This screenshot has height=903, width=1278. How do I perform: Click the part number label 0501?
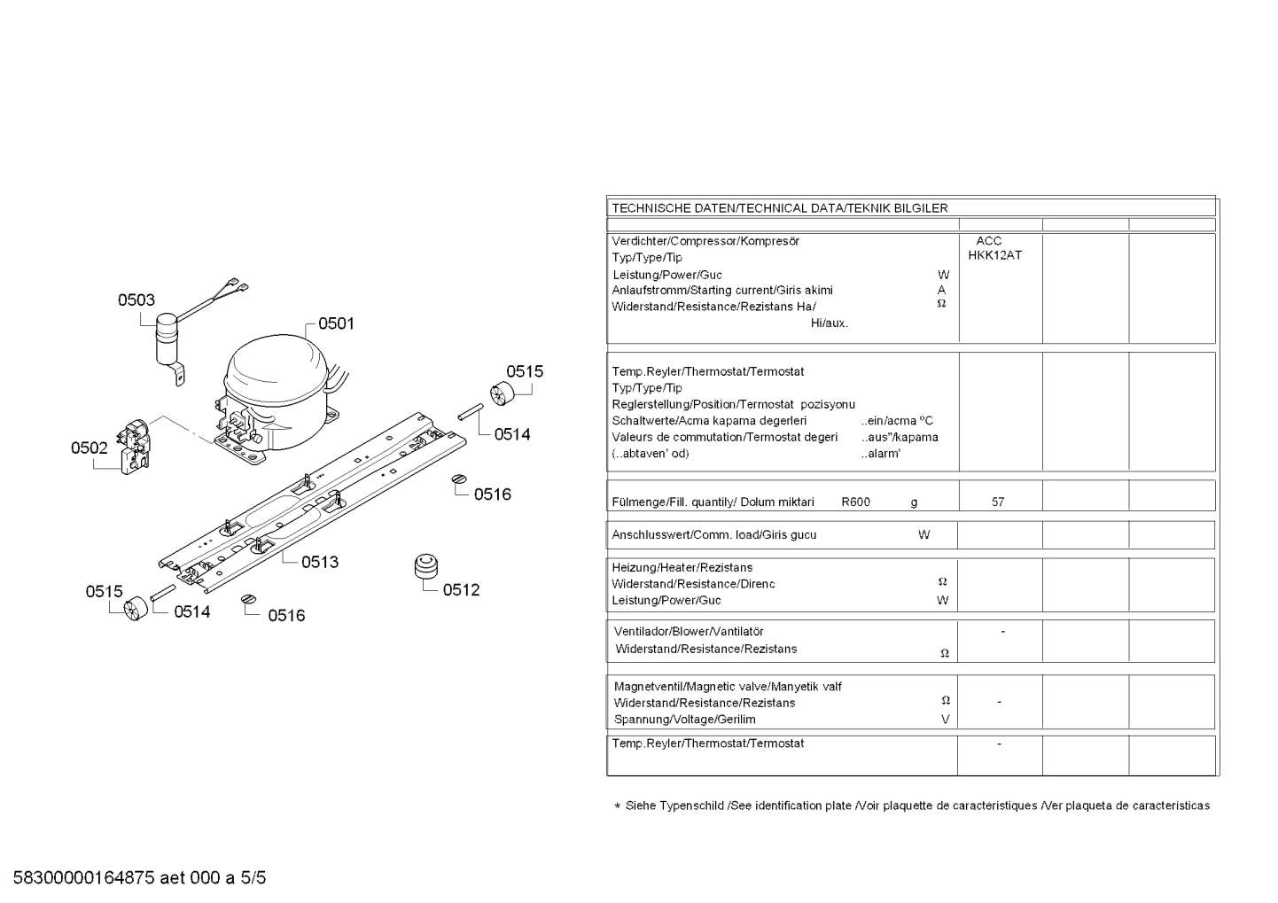[x=336, y=323]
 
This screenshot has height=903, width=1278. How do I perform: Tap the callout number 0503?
[x=136, y=300]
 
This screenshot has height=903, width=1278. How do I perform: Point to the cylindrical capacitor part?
[x=168, y=339]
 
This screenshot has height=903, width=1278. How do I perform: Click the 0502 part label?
[x=89, y=448]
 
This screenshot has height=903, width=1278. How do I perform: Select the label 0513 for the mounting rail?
[x=319, y=562]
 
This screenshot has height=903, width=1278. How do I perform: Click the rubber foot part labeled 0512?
[x=426, y=565]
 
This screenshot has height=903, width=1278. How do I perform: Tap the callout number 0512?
[x=461, y=589]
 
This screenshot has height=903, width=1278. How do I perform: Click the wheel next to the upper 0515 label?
[x=502, y=393]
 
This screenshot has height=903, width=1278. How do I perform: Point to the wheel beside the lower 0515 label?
[x=136, y=608]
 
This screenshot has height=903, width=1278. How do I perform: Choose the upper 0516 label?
[x=493, y=494]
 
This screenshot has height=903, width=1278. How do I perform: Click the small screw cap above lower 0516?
[x=249, y=599]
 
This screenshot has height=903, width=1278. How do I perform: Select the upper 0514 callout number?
[x=512, y=434]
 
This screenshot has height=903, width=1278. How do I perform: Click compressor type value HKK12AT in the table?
[x=995, y=255]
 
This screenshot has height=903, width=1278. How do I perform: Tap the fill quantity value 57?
[x=998, y=502]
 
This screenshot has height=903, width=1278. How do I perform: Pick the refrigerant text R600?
[x=856, y=502]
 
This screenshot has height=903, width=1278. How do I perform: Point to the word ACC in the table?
[x=989, y=241]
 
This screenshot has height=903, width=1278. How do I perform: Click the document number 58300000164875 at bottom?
[x=84, y=878]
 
